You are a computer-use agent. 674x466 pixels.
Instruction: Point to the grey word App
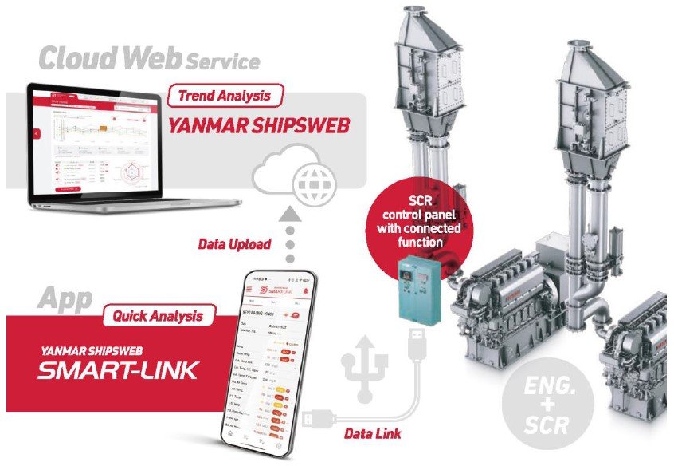coord(64,300)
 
